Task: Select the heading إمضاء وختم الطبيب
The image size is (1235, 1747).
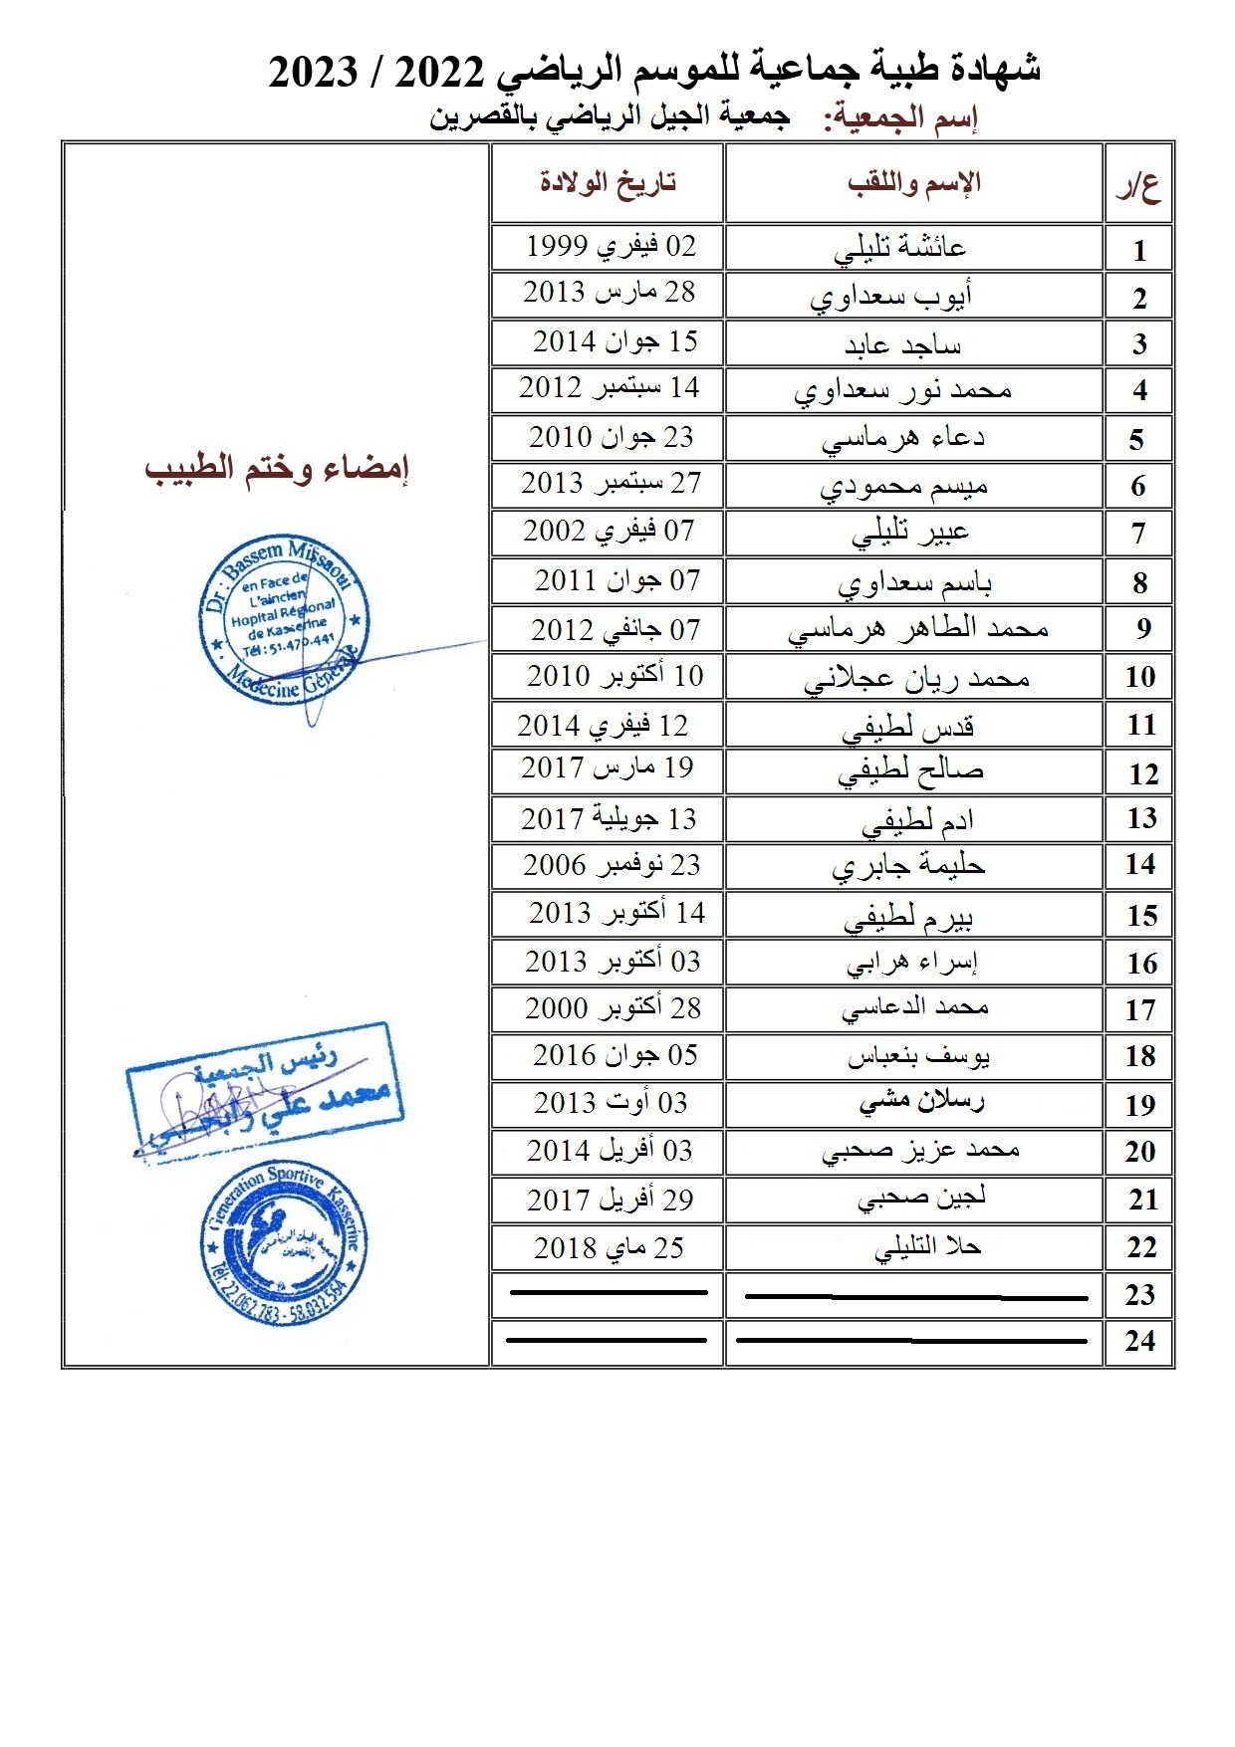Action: pos(277,468)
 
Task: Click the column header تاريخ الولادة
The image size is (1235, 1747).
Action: pos(608,182)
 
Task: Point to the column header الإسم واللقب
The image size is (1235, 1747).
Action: pos(914,182)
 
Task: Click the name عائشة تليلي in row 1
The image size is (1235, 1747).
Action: pos(900,248)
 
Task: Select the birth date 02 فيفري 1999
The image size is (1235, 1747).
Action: pos(611,246)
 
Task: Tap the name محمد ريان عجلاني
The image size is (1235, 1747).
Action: pos(916,679)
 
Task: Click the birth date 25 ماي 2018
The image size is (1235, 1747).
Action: pos(609,1247)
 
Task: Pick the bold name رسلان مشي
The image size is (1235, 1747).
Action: pos(921,1102)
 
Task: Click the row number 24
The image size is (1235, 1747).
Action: pos(1140,1342)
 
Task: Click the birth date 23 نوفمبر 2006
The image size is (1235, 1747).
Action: pos(612,865)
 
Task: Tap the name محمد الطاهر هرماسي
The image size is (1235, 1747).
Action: pos(918,630)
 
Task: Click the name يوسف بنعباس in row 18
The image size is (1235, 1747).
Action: pos(918,1056)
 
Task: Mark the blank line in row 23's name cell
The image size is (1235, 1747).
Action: pos(916,1297)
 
